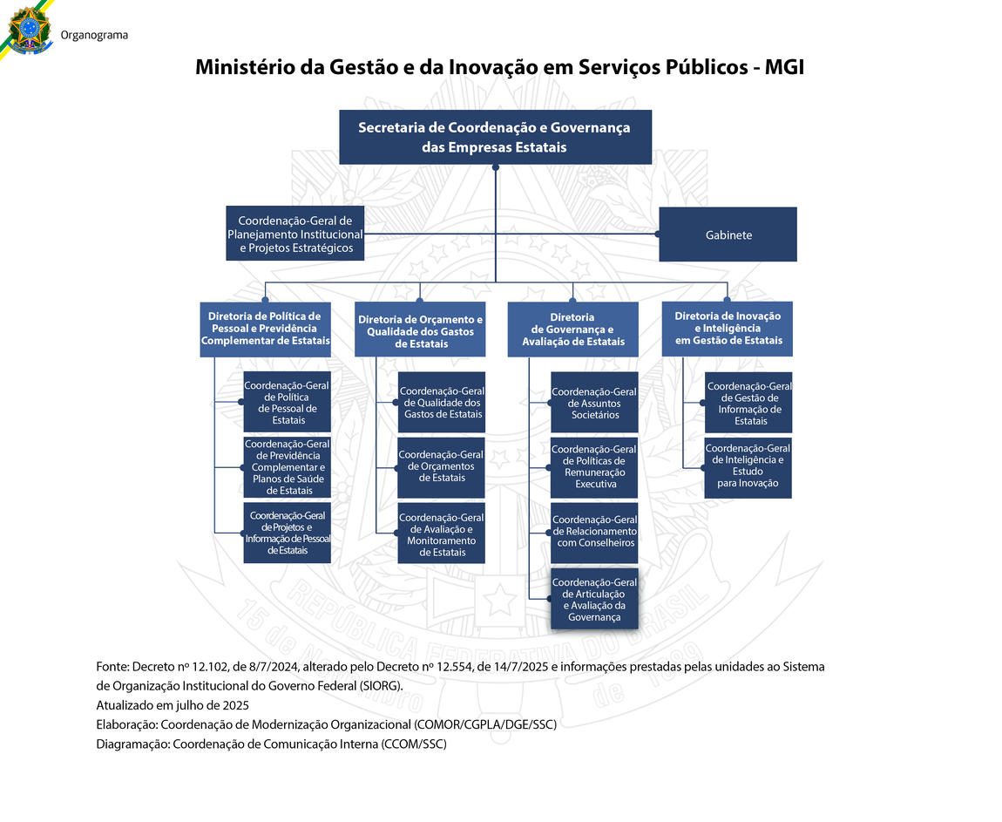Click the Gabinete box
[x=728, y=234]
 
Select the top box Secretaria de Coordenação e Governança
[x=494, y=137]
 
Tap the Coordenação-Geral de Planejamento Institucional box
[x=295, y=234]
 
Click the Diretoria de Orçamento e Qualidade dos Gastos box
[x=420, y=330]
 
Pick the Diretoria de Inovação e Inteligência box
[x=728, y=328]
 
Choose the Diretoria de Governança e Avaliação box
[x=572, y=329]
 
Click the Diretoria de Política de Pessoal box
[x=265, y=328]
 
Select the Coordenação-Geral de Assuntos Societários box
[x=594, y=403]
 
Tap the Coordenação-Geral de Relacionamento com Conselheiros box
[x=594, y=532]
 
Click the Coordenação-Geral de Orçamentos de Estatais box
[x=441, y=466]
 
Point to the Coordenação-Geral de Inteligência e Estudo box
[x=748, y=467]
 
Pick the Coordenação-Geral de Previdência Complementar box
[x=288, y=467]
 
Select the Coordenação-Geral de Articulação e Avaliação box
[x=594, y=599]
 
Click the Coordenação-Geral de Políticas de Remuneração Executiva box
[x=594, y=466]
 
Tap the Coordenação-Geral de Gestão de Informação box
[x=748, y=403]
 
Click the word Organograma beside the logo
[x=94, y=35]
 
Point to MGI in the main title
[x=783, y=67]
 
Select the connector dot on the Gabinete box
[x=657, y=234]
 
